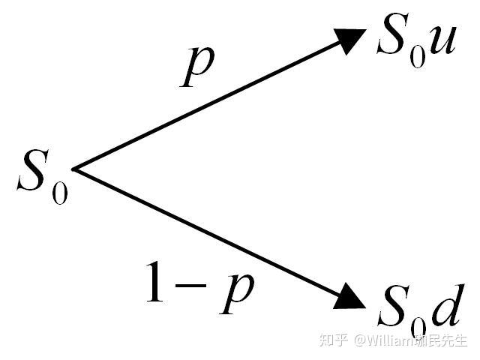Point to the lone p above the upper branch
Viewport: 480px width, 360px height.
199,67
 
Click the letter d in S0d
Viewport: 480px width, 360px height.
447,304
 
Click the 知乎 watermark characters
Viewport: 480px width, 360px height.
333,340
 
